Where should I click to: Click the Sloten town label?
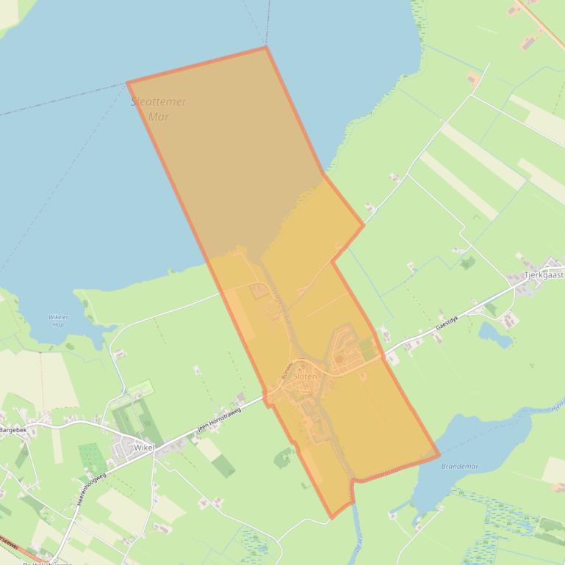(x=305, y=376)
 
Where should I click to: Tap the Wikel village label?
(x=143, y=447)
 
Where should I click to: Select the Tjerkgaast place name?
(x=544, y=275)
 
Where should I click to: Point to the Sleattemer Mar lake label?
(x=159, y=109)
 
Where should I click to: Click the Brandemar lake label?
(x=460, y=466)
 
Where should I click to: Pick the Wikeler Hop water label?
(x=57, y=321)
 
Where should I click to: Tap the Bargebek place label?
(x=12, y=430)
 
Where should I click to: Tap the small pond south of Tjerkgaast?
(x=494, y=335)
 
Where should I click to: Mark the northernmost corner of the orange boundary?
(x=265, y=48)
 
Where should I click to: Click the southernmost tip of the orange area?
(x=332, y=517)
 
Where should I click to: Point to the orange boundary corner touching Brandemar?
(x=439, y=455)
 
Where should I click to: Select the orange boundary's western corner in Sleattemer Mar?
(x=128, y=83)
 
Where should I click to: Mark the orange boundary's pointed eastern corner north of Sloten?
(x=364, y=225)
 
